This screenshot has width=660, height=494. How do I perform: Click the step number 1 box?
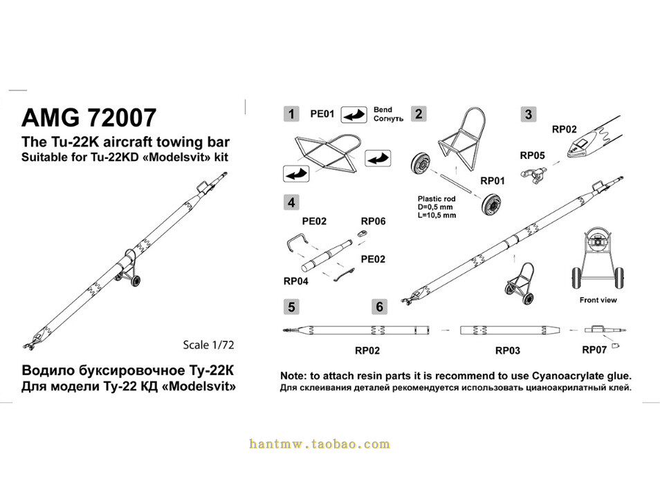[x=293, y=113]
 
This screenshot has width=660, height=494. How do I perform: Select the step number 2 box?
[x=418, y=113]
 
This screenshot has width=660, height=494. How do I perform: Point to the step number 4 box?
[x=293, y=202]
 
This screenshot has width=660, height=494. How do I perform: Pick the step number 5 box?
[x=293, y=306]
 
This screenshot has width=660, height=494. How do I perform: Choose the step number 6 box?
[x=379, y=306]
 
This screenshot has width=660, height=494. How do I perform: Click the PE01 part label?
[x=322, y=114]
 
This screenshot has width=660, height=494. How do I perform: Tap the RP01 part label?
[x=493, y=180]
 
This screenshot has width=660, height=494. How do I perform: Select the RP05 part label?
[x=532, y=155]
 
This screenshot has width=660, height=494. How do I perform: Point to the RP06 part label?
[x=373, y=222]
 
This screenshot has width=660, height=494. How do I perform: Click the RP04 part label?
[x=296, y=281]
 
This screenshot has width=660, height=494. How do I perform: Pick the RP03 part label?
[x=507, y=351]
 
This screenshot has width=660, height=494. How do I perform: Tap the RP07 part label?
[x=594, y=350]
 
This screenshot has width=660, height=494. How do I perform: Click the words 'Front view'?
[x=598, y=300]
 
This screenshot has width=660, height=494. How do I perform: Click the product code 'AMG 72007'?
[x=89, y=118]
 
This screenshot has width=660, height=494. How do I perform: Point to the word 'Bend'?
[x=383, y=110]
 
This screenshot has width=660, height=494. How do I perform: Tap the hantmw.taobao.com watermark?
[x=320, y=444]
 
